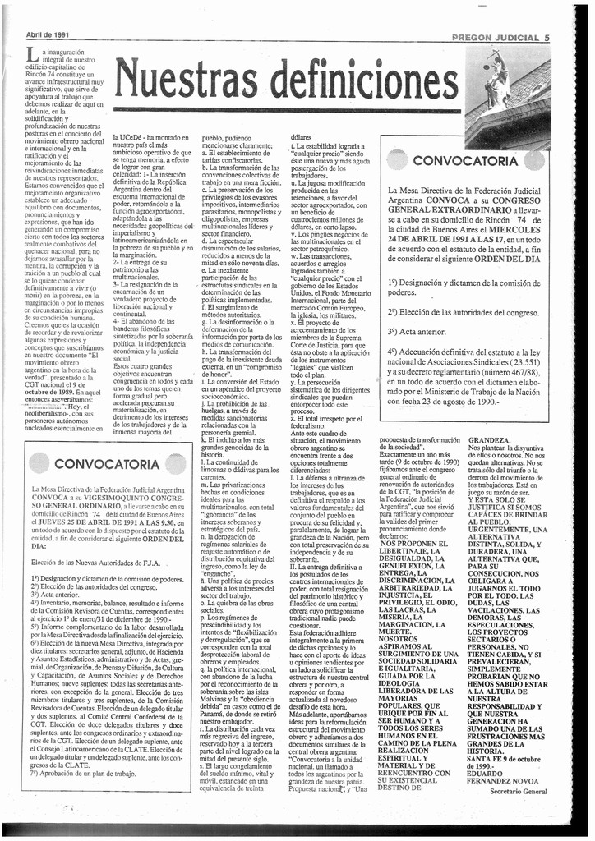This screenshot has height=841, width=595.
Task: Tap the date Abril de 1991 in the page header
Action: [48, 35]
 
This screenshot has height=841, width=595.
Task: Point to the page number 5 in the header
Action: [547, 38]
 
